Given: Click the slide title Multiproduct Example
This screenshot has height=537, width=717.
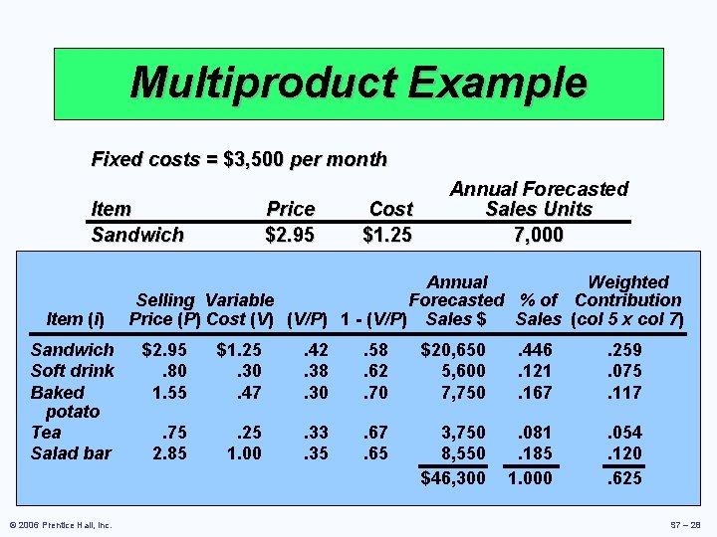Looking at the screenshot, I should [x=358, y=83].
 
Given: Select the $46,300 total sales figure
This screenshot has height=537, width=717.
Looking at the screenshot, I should [x=453, y=478].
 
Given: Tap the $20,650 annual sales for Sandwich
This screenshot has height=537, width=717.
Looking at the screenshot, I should [x=453, y=350].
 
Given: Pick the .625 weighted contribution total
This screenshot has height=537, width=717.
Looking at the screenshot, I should [x=625, y=478].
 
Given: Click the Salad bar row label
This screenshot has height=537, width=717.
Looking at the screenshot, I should [x=71, y=453].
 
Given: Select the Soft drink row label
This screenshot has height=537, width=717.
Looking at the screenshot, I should [x=73, y=371].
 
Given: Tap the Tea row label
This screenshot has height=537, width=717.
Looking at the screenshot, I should [x=46, y=433].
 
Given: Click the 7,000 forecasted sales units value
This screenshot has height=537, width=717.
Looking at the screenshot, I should [x=539, y=236].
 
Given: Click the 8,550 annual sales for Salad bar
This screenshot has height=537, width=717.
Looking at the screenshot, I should [x=462, y=453].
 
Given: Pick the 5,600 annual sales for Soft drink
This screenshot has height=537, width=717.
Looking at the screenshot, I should [x=462, y=371].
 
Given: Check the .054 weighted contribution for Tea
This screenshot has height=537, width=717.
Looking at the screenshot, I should [x=625, y=433].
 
